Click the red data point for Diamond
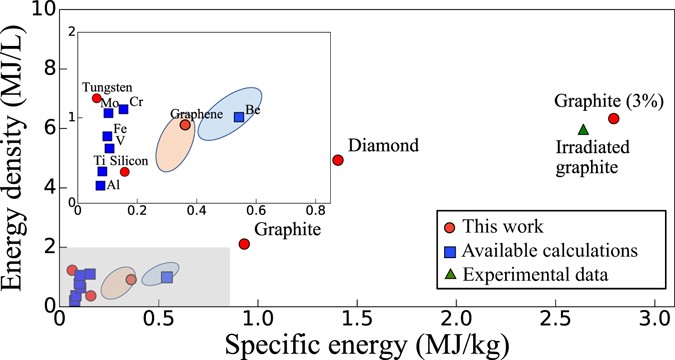pos(338,160)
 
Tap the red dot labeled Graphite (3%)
pos(613,118)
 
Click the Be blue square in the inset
pos(239,117)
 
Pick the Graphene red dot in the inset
pos(185,125)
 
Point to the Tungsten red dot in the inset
pos(96,98)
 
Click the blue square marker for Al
pos(100,185)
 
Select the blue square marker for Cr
pos(123,109)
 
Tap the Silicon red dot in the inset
pos(124,171)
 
